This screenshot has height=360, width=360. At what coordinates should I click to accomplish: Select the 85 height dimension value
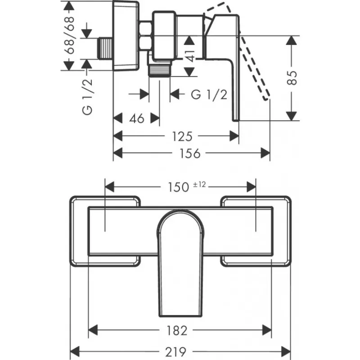click(x=293, y=78)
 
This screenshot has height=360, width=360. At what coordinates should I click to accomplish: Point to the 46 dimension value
click(x=136, y=118)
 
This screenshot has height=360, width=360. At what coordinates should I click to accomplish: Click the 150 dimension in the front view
click(x=179, y=186)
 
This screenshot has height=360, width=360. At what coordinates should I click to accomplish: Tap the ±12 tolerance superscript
click(x=201, y=184)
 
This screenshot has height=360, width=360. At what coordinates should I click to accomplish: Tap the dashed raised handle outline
click(x=254, y=67)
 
